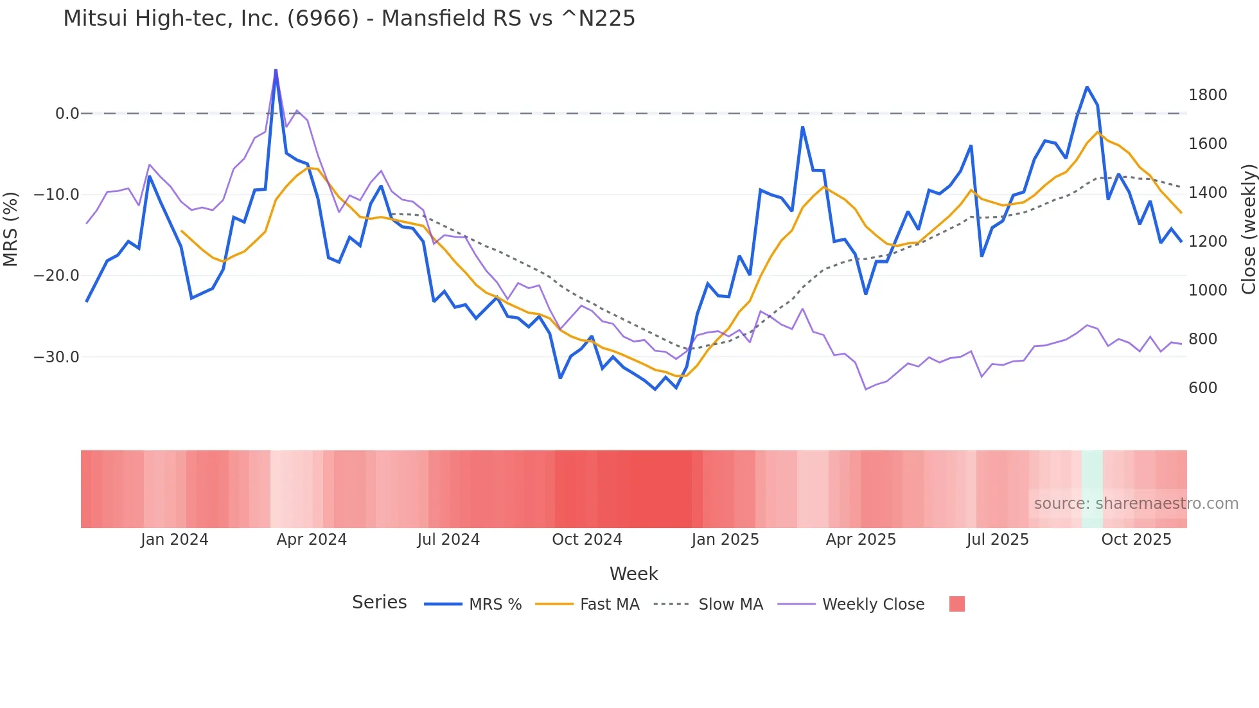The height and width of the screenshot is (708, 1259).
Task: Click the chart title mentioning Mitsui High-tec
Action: pyautogui.click(x=349, y=19)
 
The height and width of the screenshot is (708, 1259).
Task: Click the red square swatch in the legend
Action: pyautogui.click(x=956, y=604)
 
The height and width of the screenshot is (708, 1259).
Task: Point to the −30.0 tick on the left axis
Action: pyautogui.click(x=57, y=357)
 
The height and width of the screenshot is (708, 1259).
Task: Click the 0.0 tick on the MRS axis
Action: pyautogui.click(x=67, y=114)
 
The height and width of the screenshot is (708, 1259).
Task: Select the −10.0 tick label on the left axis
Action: pyautogui.click(x=57, y=195)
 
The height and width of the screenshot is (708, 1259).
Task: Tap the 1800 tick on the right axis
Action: pyautogui.click(x=1207, y=95)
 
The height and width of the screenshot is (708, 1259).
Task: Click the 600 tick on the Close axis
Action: pyautogui.click(x=1202, y=388)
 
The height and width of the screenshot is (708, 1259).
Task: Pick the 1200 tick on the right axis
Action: pyautogui.click(x=1207, y=242)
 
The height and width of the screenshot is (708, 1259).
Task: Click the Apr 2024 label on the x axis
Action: pyautogui.click(x=312, y=540)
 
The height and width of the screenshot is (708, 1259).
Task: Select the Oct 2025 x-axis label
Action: pyautogui.click(x=1136, y=540)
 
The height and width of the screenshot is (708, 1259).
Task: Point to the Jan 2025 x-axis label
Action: pyautogui.click(x=725, y=540)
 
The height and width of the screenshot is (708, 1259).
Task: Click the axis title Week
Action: pyautogui.click(x=633, y=574)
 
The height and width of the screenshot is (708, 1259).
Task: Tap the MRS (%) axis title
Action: pyautogui.click(x=11, y=229)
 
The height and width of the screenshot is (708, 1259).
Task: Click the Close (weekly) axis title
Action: pyautogui.click(x=1248, y=229)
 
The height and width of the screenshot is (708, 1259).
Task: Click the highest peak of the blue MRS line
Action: pyautogui.click(x=276, y=70)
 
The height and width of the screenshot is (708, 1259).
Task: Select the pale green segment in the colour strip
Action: pyautogui.click(x=1091, y=489)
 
